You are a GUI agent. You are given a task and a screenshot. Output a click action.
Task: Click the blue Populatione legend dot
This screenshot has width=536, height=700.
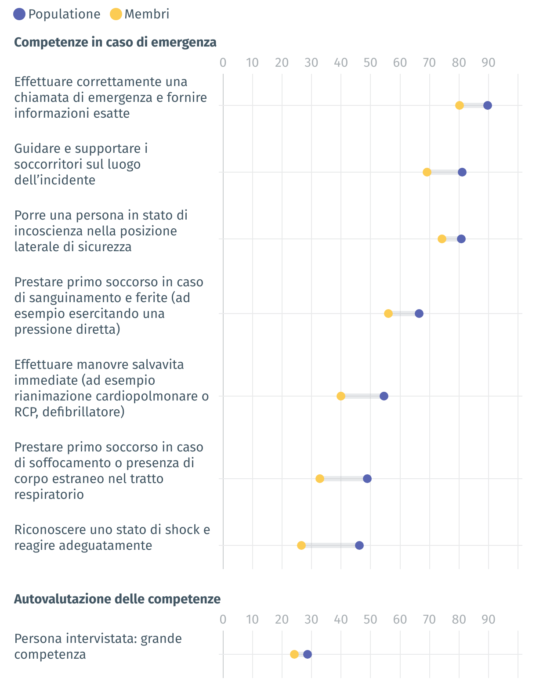pos(19,14)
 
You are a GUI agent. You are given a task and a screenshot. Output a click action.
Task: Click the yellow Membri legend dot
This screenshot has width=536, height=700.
pos(116,14)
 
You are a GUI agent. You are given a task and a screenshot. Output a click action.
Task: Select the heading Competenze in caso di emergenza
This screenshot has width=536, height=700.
pos(115,42)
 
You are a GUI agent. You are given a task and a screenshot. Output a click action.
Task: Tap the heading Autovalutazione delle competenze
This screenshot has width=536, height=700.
pos(117,599)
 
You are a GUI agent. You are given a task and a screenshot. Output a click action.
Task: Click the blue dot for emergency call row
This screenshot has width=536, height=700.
pos(487,105)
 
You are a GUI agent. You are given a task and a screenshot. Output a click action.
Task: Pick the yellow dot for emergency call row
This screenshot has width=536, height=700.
pos(460,105)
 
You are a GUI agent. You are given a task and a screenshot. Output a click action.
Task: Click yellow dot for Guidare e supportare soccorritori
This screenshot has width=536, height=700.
pos(427,172)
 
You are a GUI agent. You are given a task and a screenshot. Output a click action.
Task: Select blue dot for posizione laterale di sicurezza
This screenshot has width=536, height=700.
pos(461,239)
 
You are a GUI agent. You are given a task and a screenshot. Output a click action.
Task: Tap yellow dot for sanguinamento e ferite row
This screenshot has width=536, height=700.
pos(388,314)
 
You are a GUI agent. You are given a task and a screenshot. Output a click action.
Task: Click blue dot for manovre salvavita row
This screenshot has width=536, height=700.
pos(384,396)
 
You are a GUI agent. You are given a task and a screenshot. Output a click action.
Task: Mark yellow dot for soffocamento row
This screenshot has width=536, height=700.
pos(320,479)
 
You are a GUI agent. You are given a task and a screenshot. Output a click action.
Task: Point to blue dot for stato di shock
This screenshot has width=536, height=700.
pos(359,545)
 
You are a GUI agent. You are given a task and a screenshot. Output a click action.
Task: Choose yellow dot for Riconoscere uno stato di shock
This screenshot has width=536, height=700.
pos(301,545)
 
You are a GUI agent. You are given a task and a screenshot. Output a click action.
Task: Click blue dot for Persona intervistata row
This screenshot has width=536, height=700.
pos(308,654)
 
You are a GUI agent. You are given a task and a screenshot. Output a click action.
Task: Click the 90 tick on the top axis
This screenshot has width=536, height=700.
pos(488,63)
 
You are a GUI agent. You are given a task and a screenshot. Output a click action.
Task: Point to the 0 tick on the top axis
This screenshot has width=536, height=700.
pos(223,63)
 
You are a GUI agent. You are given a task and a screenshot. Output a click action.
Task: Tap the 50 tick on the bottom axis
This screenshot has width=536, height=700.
pos(370,620)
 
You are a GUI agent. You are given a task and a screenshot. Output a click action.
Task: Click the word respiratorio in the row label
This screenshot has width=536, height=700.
pos(49,494)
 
